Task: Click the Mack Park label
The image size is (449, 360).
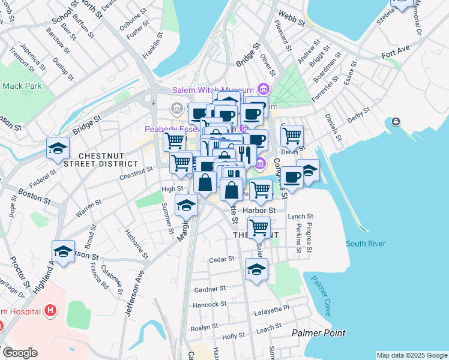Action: pos(22,86)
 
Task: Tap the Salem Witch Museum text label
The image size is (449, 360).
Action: pos(213,90)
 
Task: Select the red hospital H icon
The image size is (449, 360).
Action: pos(50,311)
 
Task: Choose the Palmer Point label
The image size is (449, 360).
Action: pos(318,332)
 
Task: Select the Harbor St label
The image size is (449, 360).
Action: pos(259,211)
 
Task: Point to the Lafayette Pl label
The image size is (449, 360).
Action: pos(273,307)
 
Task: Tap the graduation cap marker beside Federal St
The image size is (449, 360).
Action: pos(58,149)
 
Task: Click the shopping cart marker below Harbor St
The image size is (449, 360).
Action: pos(259,228)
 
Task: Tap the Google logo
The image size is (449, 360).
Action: pos(19,353)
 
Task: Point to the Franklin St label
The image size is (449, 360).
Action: pos(153,46)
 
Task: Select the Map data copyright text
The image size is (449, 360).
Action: pos(412,355)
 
